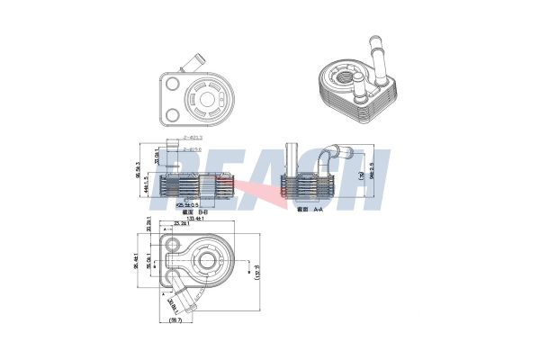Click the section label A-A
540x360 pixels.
coord(312,208)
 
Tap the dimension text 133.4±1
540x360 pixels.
coord(192,229)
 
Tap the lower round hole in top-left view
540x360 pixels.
coord(172,115)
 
